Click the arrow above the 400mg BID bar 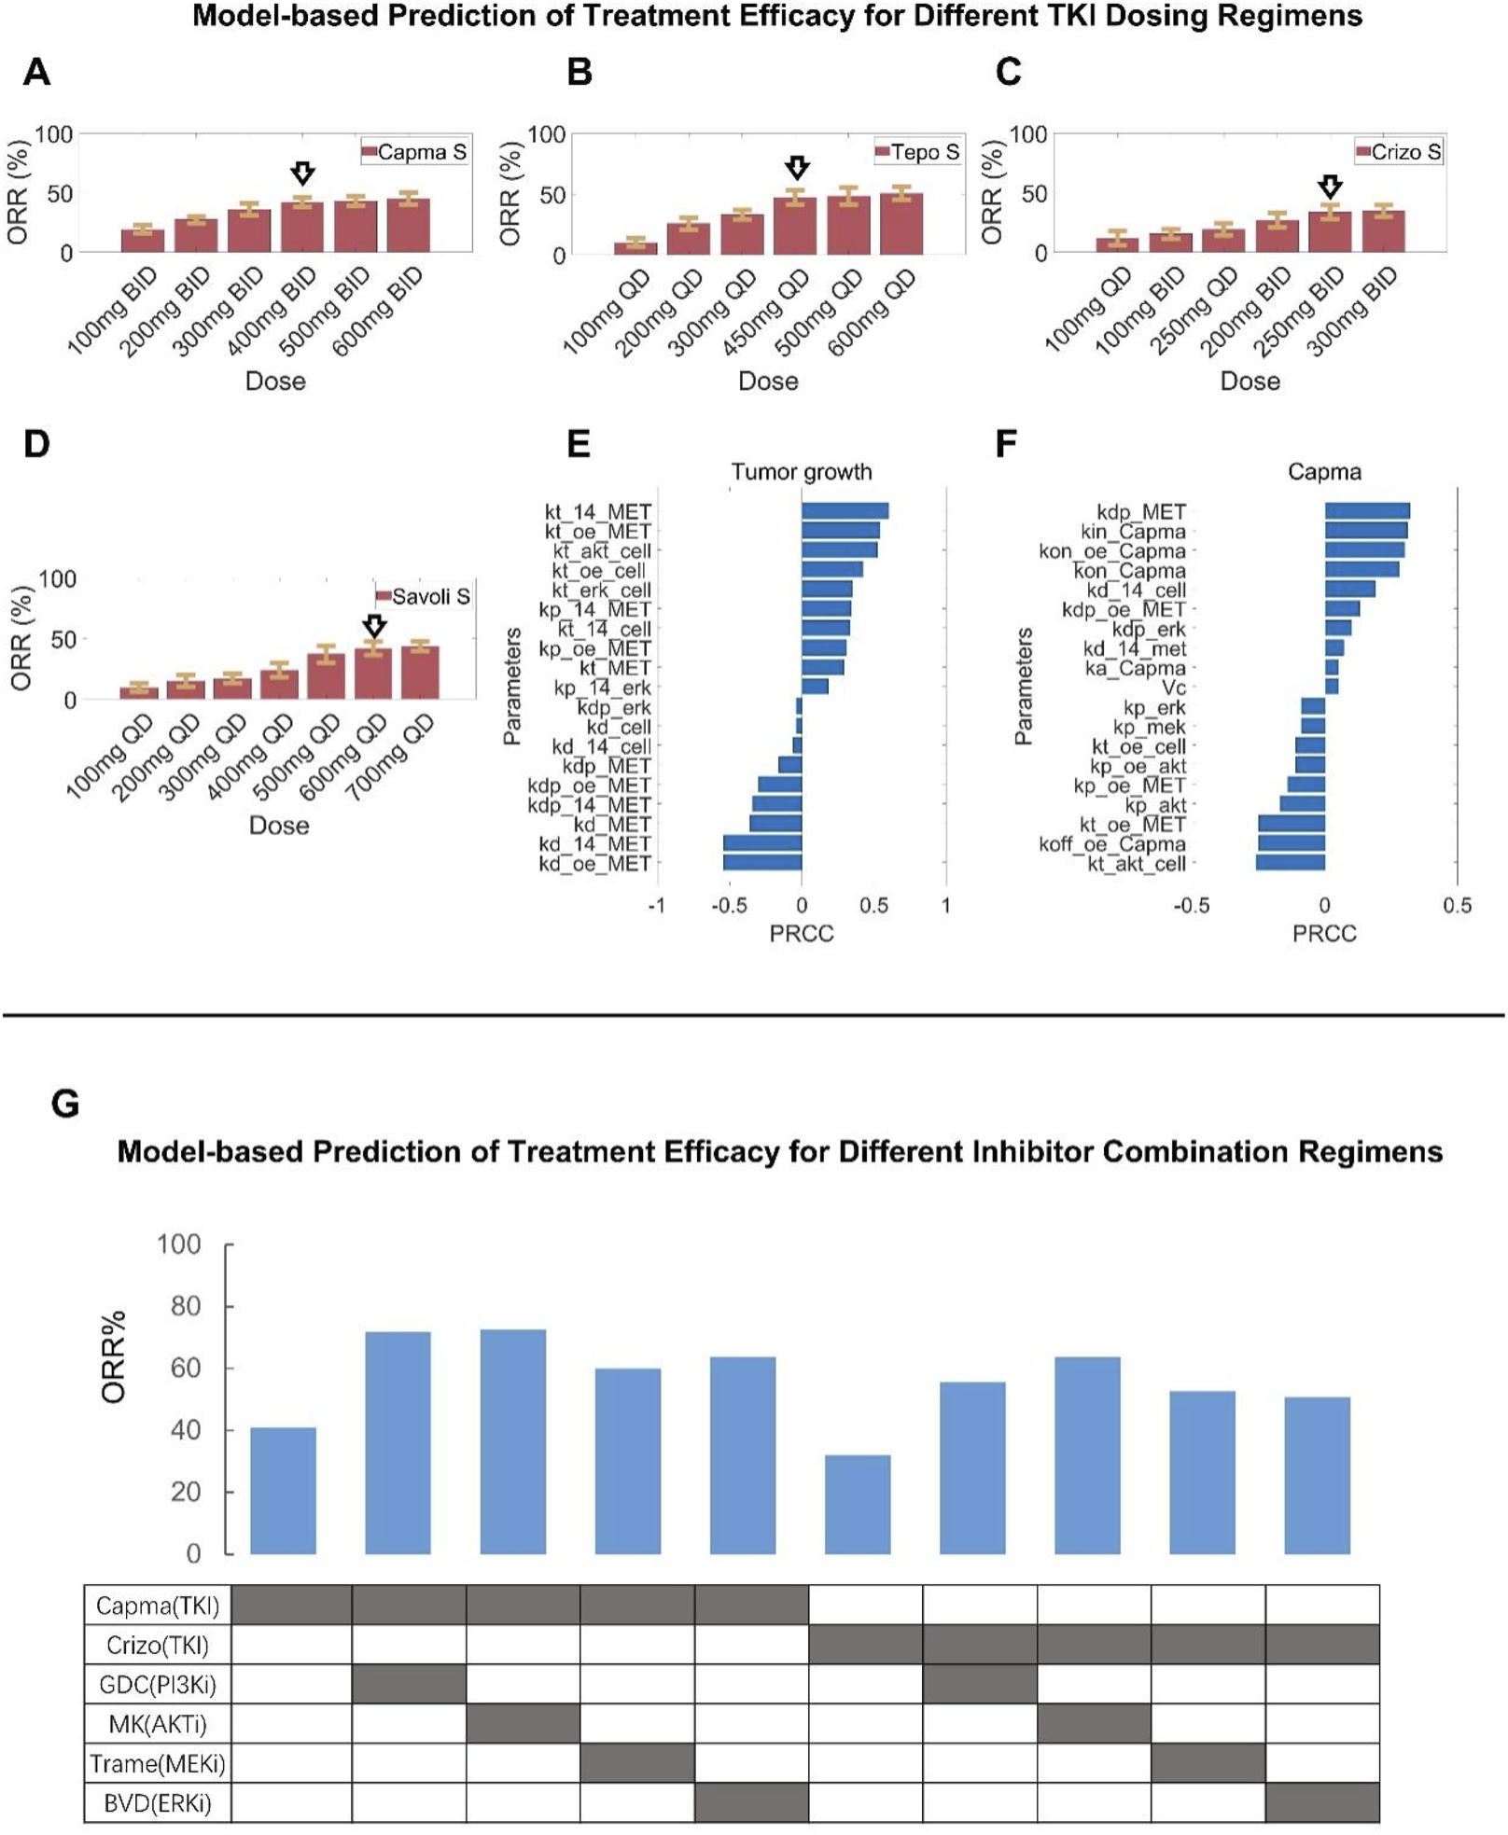[x=302, y=173]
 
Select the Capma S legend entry [x=414, y=152]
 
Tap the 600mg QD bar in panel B [x=901, y=223]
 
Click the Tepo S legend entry [x=917, y=152]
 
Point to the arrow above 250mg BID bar [x=1330, y=186]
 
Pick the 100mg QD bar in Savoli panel [x=139, y=691]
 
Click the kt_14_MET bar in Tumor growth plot [x=845, y=510]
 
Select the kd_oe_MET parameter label [x=594, y=864]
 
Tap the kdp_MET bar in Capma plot [x=1366, y=510]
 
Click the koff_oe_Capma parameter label [x=1112, y=844]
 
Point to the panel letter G [x=65, y=1104]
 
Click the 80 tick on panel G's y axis [x=184, y=1306]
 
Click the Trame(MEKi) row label [x=158, y=1763]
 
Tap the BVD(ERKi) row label [x=158, y=1802]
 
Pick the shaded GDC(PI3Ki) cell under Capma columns [x=409, y=1684]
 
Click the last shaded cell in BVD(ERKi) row [x=1321, y=1802]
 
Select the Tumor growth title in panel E [x=801, y=472]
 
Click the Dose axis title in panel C [x=1250, y=381]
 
